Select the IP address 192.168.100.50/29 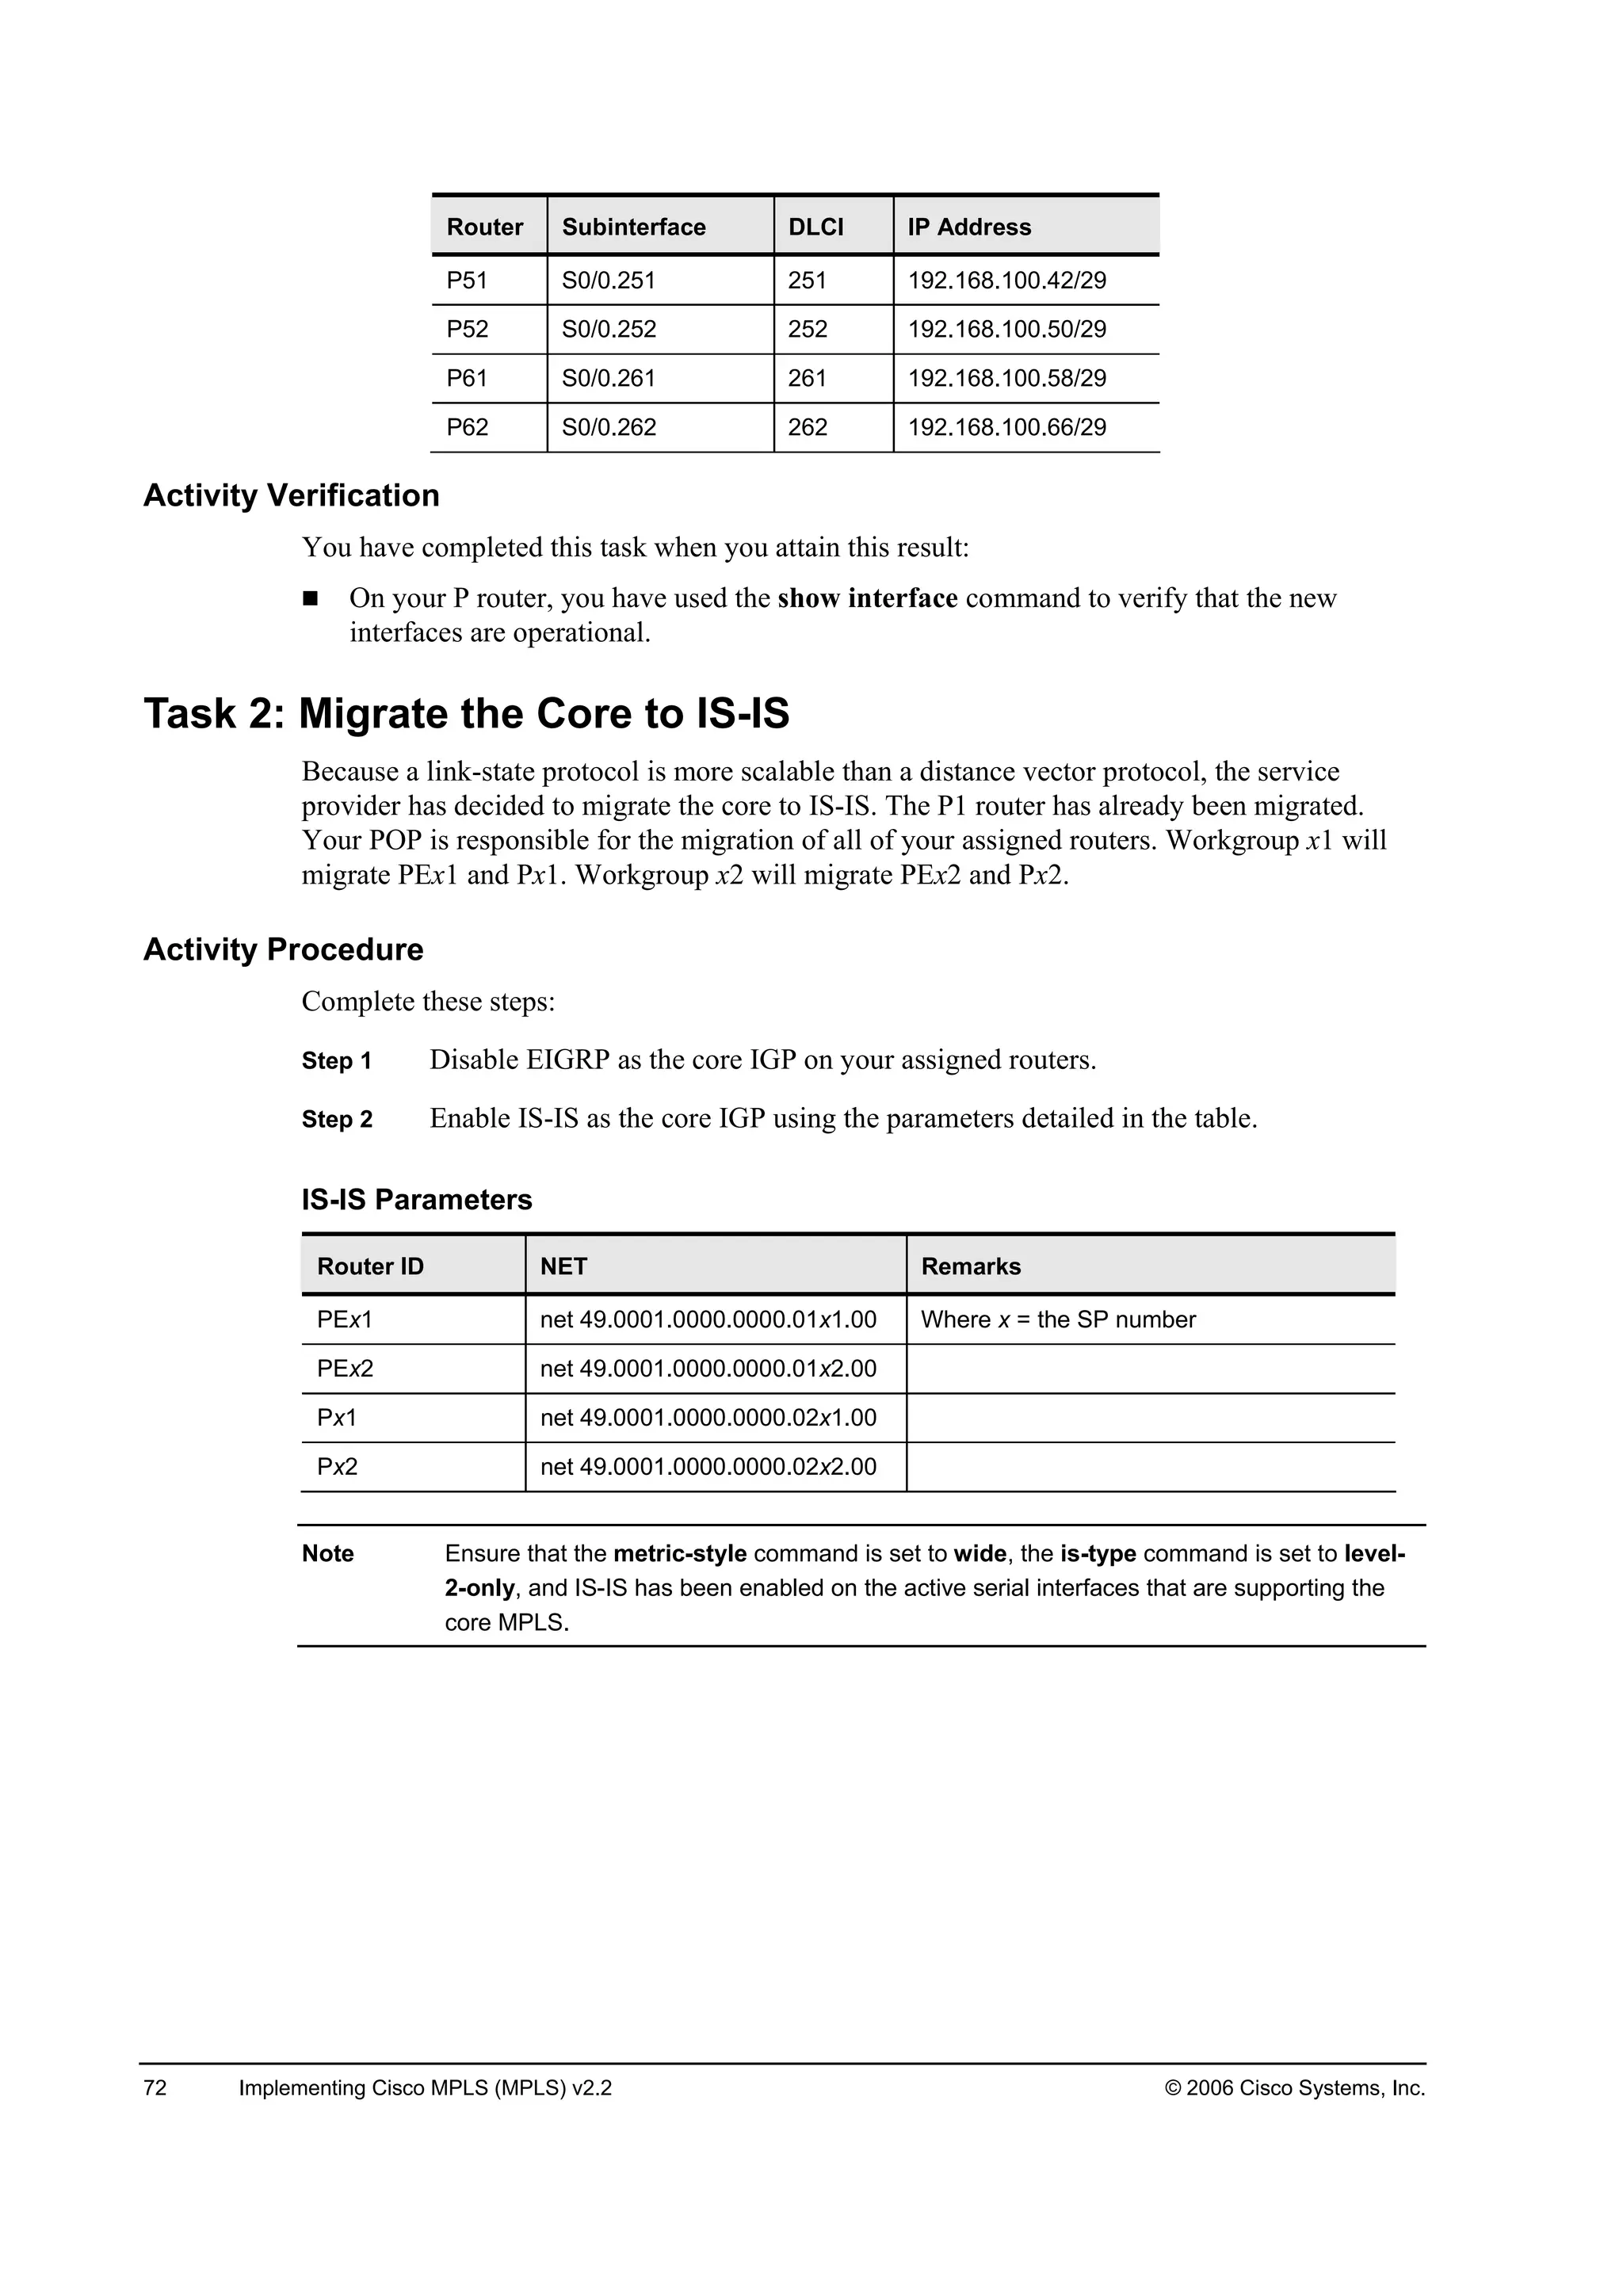tap(1006, 329)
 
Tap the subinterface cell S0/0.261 tap(609, 378)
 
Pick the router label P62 tap(468, 427)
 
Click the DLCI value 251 tap(807, 280)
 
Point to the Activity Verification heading tap(291, 496)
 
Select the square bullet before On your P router tap(310, 599)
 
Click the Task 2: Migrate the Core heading tap(466, 714)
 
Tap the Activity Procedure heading tap(283, 949)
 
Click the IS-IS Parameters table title tap(417, 1200)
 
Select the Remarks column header tap(971, 1266)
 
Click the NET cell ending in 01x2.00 tap(708, 1369)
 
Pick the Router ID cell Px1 tap(337, 1418)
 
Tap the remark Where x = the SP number tap(1057, 1319)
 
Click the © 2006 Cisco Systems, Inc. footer tap(1294, 2088)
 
